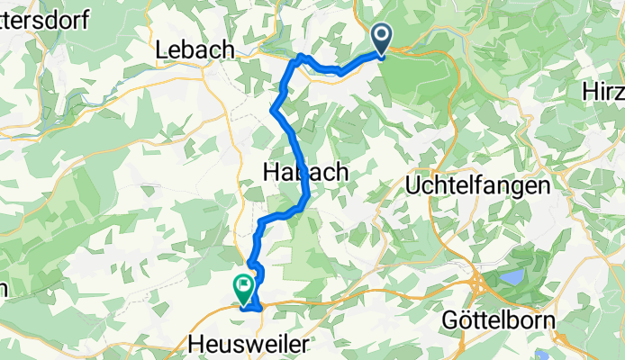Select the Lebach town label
click(195, 50)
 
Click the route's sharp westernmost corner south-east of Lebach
click(272, 110)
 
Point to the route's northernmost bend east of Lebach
click(300, 57)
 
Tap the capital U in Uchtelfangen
click(415, 186)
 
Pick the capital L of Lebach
click(163, 50)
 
